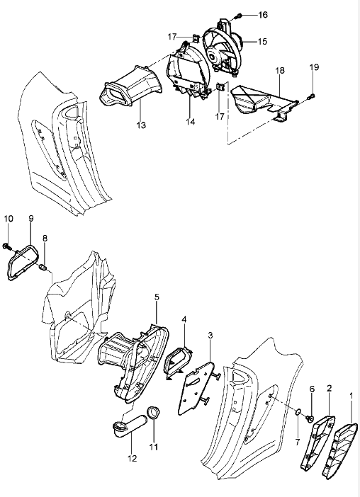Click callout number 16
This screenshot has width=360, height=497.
point(263,15)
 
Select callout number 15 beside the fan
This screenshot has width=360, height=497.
point(262,42)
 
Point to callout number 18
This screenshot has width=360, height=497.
point(280,70)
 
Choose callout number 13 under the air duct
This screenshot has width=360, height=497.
point(141,125)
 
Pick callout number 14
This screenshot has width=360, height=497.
point(191,122)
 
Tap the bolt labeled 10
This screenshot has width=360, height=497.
point(6,246)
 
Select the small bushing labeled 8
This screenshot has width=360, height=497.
point(43,269)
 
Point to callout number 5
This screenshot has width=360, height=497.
point(157,297)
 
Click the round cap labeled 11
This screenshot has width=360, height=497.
point(153,413)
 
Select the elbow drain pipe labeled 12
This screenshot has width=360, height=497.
point(128,427)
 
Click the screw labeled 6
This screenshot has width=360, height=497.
point(310,418)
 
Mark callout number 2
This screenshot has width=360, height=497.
point(329,388)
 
